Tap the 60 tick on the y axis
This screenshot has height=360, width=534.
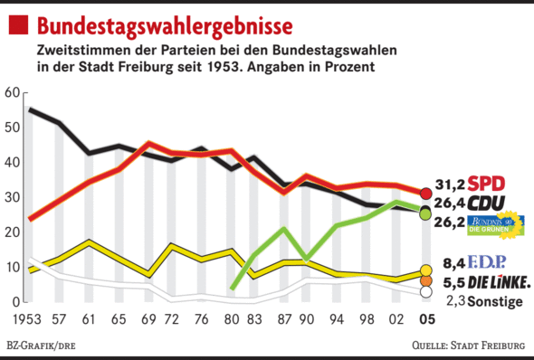click(x=12, y=92)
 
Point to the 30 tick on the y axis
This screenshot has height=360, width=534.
click(x=12, y=197)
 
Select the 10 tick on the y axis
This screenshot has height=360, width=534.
click(x=12, y=267)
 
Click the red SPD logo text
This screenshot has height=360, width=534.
click(x=498, y=184)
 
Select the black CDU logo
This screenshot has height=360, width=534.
click(x=499, y=203)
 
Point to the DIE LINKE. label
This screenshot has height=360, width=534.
click(x=500, y=283)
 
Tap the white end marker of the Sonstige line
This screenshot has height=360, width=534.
click(x=426, y=291)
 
